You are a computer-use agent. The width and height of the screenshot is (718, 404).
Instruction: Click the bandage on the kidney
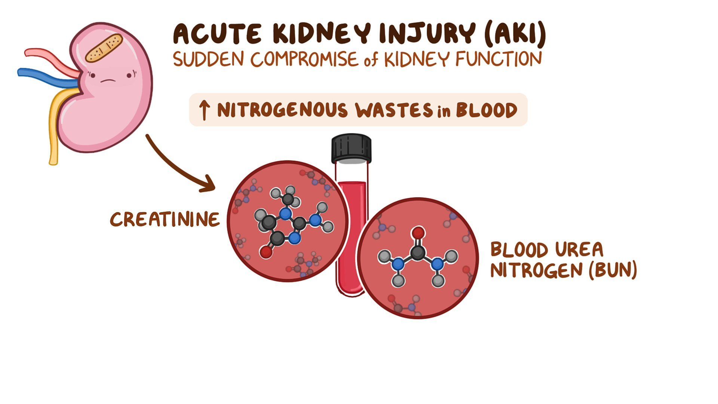pos(104,48)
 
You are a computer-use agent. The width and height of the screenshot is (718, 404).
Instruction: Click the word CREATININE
pos(165,219)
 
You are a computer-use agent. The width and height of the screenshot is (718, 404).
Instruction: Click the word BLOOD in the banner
pos(487,110)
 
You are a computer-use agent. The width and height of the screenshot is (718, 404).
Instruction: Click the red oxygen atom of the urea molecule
pos(418,233)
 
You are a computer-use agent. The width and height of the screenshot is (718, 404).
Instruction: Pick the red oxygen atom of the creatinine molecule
pos(266,252)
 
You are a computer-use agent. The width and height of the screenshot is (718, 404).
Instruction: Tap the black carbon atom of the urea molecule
pos(417,253)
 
